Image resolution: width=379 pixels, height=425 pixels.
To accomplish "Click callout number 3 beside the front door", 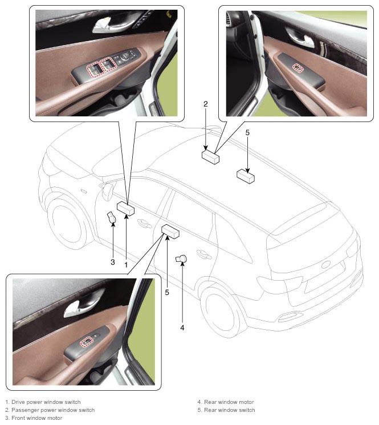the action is (x=113, y=262).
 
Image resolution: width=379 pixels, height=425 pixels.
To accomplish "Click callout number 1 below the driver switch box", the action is (x=126, y=265).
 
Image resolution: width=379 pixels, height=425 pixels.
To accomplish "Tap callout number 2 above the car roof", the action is (x=206, y=104).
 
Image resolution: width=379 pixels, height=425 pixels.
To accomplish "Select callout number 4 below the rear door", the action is (x=182, y=327).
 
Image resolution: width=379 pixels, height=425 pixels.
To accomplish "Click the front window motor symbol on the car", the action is (x=111, y=217).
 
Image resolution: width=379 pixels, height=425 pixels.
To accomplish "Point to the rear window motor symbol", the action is (x=181, y=259).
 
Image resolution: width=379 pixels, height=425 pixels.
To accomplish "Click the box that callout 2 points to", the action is (x=210, y=157).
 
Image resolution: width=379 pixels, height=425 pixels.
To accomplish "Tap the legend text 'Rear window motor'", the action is (x=229, y=402).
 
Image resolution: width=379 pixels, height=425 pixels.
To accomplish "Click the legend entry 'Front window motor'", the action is (x=37, y=418).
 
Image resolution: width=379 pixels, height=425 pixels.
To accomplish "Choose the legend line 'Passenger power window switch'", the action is (x=53, y=410).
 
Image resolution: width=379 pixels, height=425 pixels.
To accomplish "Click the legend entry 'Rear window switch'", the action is (x=230, y=410).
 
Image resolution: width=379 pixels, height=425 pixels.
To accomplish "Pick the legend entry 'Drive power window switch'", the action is (x=46, y=402).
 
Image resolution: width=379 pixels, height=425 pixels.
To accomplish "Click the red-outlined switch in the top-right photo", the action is (x=298, y=68).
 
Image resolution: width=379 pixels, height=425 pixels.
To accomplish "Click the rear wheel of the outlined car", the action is (x=220, y=312).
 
